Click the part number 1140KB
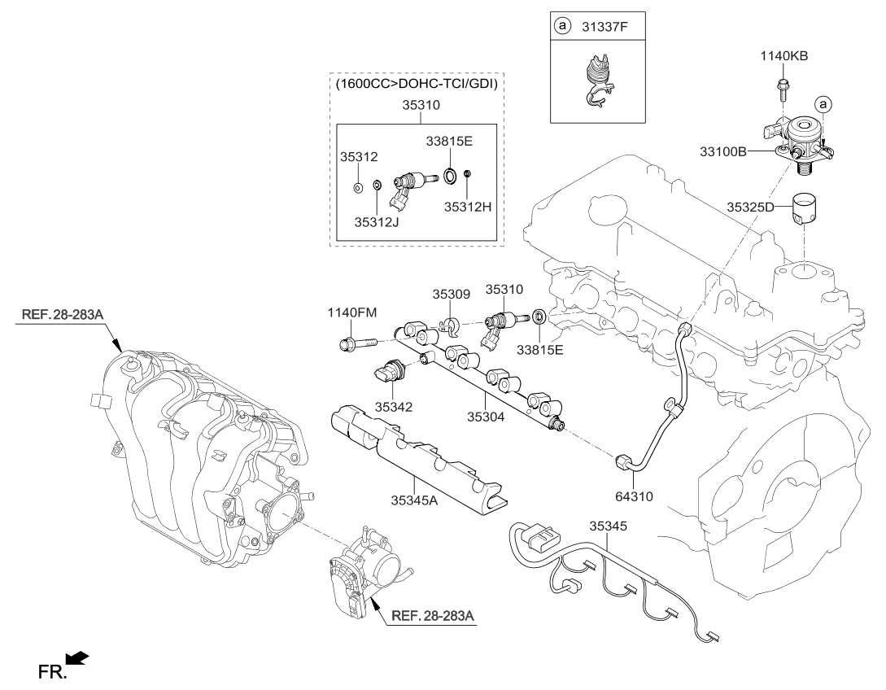tap(784, 56)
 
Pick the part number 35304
tap(486, 416)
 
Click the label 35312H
tap(469, 207)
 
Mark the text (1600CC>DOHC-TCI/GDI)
tap(419, 83)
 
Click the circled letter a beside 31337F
tap(561, 27)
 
